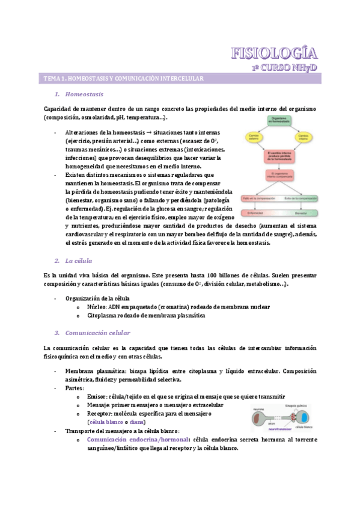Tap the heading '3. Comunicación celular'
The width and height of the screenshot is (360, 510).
tap(97, 333)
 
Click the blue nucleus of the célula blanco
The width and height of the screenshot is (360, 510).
tap(307, 417)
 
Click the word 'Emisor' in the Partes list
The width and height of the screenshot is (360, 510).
tap(96, 397)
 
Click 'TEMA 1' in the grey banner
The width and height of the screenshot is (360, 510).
tap(55, 79)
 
